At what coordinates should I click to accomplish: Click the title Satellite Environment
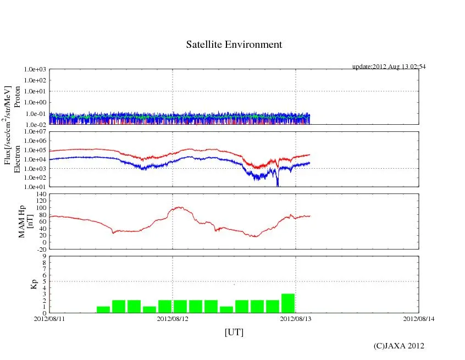[x=234, y=45]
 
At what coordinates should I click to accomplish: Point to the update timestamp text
[x=389, y=67]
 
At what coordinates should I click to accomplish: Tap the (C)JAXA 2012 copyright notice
[x=398, y=346]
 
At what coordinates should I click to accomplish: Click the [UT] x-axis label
[x=234, y=332]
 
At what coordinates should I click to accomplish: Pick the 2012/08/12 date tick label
[x=173, y=318]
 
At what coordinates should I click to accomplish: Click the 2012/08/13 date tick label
[x=296, y=318]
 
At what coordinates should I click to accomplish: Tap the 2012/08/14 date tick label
[x=419, y=318]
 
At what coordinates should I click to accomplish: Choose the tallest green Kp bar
[x=288, y=303]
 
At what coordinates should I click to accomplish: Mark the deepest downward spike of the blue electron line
[x=278, y=186]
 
